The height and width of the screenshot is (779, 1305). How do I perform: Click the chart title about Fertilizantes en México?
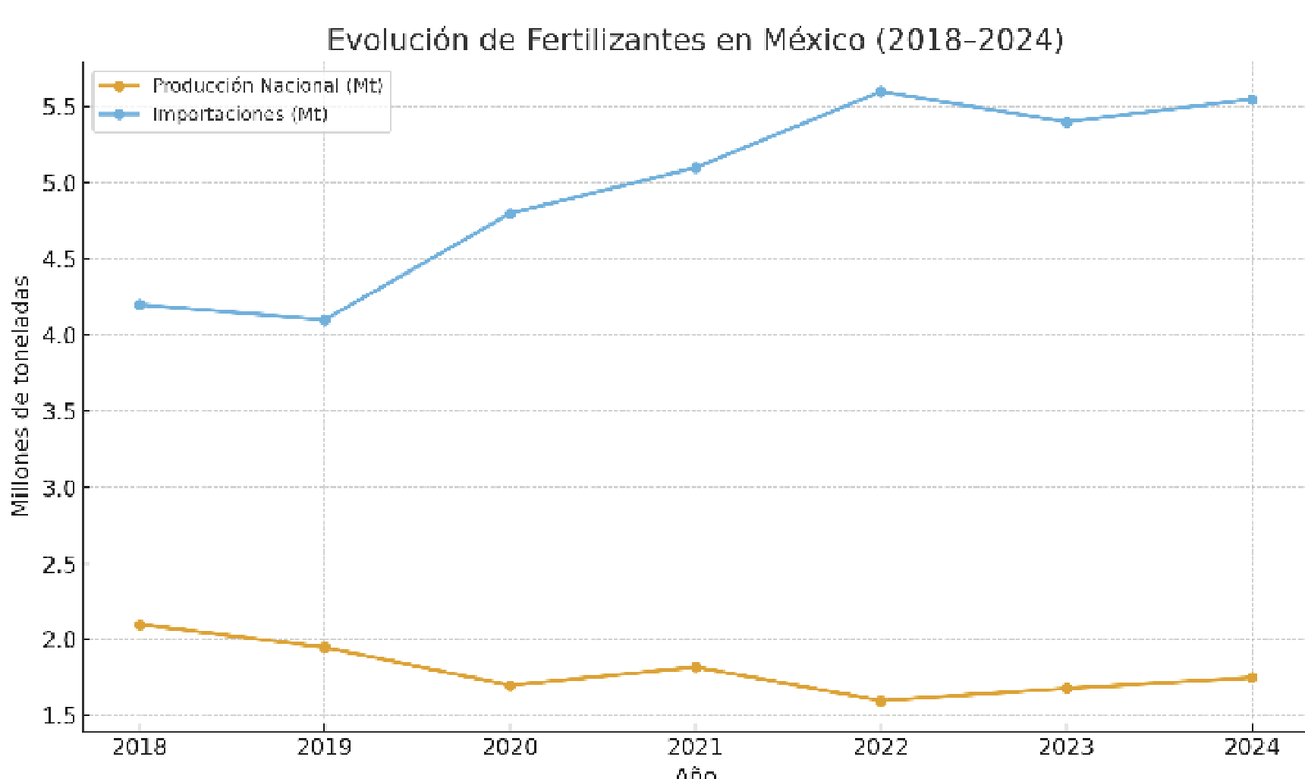694,39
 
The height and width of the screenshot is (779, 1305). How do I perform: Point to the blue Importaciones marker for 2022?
881,92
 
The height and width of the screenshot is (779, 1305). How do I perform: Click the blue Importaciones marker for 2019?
325,320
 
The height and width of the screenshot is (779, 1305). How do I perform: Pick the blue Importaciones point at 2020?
510,213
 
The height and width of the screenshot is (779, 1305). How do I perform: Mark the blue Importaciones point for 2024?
1252,99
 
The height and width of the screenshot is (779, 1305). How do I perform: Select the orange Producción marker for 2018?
140,625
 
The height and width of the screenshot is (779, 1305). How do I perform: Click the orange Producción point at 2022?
881,701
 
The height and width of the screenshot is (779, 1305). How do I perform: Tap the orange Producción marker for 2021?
696,667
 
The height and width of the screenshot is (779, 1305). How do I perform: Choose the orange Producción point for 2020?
510,686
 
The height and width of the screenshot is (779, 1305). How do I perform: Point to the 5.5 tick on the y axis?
59,107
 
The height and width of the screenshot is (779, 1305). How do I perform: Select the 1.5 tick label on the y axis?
59,716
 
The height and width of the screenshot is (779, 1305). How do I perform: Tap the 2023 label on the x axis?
1066,747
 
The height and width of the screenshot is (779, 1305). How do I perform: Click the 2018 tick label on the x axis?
140,747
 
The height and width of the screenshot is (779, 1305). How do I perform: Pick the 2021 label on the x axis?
696,747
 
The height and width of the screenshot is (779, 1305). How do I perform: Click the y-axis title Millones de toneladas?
20,396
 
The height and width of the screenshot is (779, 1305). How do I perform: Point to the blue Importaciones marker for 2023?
1067,122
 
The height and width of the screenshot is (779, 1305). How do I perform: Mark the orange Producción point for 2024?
1252,677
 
